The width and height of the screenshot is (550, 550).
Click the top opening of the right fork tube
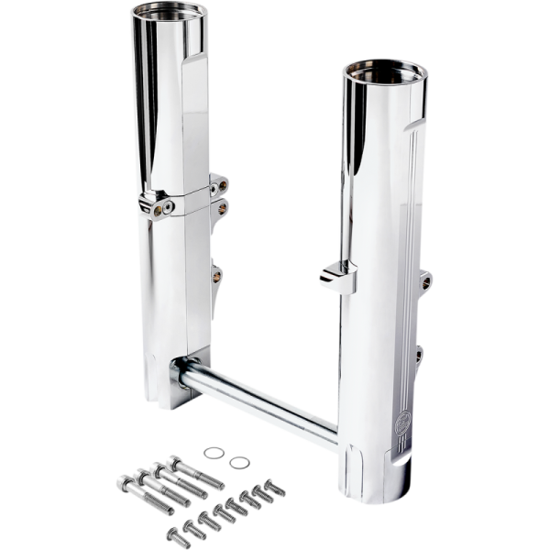(384, 72)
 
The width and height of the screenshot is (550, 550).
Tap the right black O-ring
(239, 462)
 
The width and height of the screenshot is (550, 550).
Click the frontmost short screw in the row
(177, 533)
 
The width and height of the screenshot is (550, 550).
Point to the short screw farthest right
(272, 487)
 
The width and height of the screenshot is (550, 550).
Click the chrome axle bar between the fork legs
(257, 400)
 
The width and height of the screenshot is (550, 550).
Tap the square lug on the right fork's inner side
(336, 277)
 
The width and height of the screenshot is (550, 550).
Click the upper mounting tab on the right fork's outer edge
(425, 280)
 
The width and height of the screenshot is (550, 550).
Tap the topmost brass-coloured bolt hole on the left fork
(221, 186)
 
